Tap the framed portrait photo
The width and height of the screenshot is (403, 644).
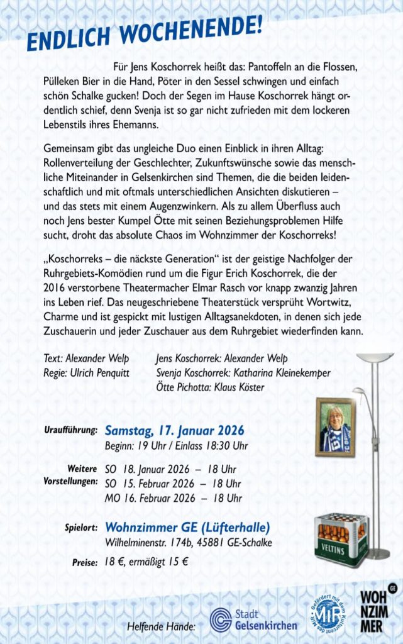click(335, 426)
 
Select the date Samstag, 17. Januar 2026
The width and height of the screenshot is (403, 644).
click(174, 431)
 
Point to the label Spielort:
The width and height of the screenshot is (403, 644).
click(80, 528)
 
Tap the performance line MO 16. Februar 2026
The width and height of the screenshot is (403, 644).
click(173, 498)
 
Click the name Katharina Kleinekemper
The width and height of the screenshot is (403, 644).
click(282, 373)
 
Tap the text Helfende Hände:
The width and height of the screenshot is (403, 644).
click(161, 626)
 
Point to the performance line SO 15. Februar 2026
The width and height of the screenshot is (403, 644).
click(173, 484)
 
